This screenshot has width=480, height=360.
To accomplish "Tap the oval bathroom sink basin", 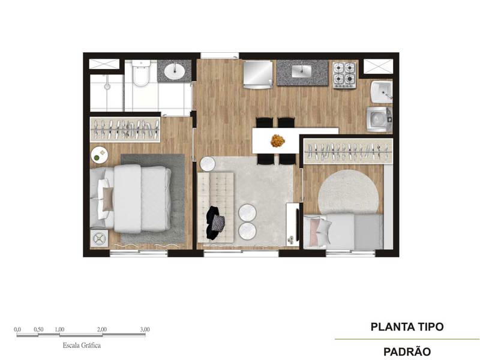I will pyautogui.click(x=174, y=71).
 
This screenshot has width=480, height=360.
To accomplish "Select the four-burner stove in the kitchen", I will pyautogui.click(x=345, y=74).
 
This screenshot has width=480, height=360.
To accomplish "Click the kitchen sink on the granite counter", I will pyautogui.click(x=301, y=71).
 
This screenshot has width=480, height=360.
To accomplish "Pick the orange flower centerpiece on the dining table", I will pyautogui.click(x=277, y=140).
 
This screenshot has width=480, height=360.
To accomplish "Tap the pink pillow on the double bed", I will pyautogui.click(x=108, y=198).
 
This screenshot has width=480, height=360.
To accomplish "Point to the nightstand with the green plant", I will pyautogui.click(x=98, y=155).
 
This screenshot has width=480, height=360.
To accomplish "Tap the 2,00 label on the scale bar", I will pyautogui.click(x=102, y=330).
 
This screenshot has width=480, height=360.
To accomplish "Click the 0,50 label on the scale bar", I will pyautogui.click(x=38, y=330).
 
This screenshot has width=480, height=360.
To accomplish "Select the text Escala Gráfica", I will pyautogui.click(x=81, y=346).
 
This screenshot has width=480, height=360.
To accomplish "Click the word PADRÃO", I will pyautogui.click(x=407, y=352).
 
